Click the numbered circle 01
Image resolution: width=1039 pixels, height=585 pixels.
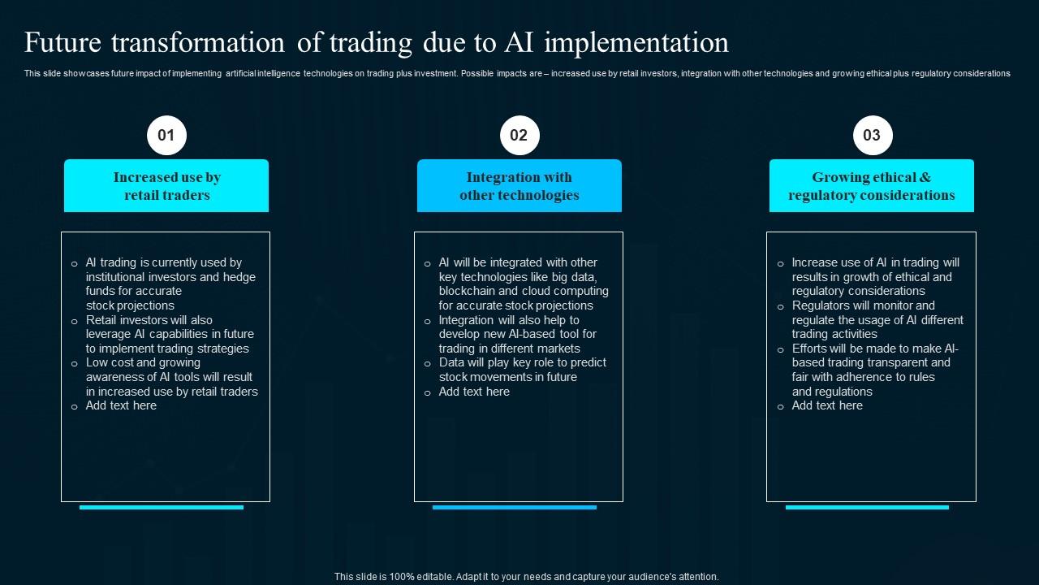(x=166, y=135)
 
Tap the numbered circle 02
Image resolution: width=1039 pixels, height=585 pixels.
(x=519, y=135)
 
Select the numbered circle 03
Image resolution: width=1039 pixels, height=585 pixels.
(x=872, y=135)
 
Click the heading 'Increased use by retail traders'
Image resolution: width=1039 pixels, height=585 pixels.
(x=166, y=186)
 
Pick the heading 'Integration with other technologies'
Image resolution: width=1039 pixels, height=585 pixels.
(x=519, y=186)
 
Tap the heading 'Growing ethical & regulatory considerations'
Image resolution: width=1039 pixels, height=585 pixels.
(x=871, y=186)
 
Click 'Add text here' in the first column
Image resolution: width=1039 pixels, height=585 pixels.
(x=121, y=405)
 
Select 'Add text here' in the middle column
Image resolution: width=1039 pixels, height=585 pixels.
(x=474, y=392)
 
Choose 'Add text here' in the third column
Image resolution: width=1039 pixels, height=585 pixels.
(x=827, y=405)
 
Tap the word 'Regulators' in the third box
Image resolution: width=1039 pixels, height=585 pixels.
(x=821, y=305)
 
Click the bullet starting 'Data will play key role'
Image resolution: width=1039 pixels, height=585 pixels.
(x=522, y=370)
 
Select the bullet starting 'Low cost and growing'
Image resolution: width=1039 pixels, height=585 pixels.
(x=171, y=377)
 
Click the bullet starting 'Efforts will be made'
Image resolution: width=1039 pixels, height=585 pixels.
(x=875, y=370)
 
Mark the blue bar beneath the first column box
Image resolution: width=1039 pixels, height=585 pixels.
(x=162, y=507)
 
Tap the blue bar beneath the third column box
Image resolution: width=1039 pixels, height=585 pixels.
(x=867, y=507)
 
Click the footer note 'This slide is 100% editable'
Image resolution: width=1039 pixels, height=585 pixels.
(x=526, y=577)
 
